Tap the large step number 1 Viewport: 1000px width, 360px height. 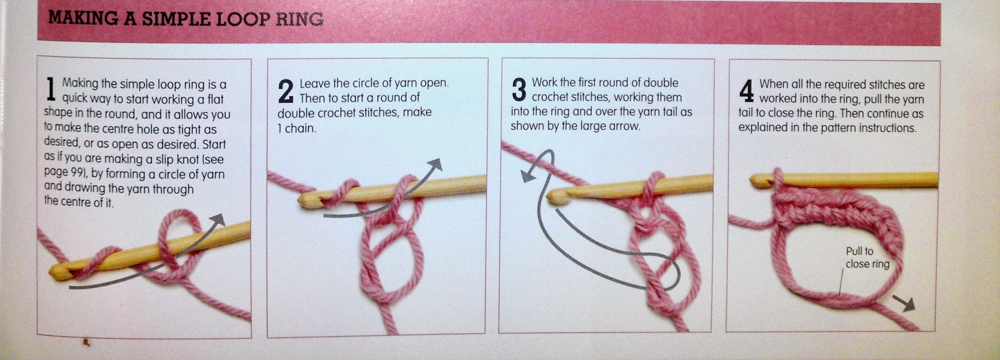point(51,89)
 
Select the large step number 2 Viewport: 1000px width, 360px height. point(286,91)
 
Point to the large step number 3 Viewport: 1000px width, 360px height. point(519,89)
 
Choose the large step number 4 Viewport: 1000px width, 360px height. point(746,91)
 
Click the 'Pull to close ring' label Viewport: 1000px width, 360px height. point(867,257)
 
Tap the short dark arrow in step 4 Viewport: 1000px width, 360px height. point(904,304)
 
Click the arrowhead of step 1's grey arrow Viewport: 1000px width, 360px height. point(218,220)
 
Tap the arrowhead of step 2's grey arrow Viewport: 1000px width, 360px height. point(435,165)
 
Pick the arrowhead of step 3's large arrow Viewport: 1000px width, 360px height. point(528,176)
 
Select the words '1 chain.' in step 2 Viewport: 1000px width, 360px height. point(297,129)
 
